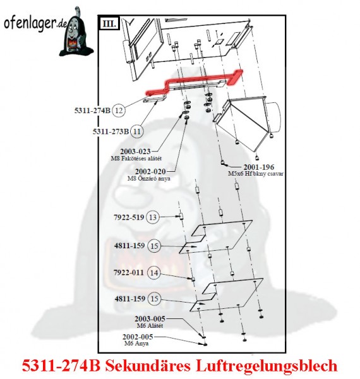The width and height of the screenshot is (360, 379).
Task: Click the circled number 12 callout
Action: [x=119, y=111]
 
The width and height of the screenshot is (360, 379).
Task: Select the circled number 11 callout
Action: [x=137, y=131]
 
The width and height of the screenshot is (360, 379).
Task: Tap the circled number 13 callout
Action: [x=153, y=217]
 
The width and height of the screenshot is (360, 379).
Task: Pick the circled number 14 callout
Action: [x=154, y=273]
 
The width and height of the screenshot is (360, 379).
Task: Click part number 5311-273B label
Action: [x=111, y=131]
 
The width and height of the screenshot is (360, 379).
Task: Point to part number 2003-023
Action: [x=135, y=152]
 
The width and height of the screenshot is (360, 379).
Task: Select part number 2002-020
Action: [x=150, y=172]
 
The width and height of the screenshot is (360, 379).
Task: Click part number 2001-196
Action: [x=259, y=167]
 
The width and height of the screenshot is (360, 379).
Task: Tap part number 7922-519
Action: [x=129, y=217]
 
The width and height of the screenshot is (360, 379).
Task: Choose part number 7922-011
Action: [x=129, y=273]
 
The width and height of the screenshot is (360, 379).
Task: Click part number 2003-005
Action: [x=150, y=319]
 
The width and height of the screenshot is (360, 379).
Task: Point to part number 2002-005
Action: [x=138, y=337]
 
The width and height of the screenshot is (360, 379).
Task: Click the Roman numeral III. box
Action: [x=109, y=24]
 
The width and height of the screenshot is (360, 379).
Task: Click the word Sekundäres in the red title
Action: [x=148, y=366]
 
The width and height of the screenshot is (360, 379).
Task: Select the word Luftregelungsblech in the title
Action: [x=267, y=366]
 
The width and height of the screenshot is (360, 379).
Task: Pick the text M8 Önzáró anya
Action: [x=149, y=179]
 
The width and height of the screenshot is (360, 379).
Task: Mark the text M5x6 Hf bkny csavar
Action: [x=256, y=174]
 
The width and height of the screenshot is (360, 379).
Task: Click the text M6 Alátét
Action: [x=150, y=325]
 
